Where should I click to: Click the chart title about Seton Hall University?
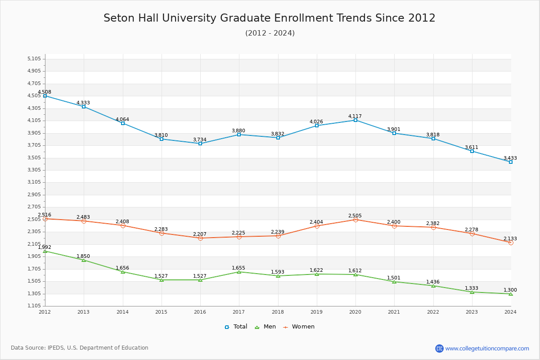point(270,18)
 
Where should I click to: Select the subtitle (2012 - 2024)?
point(270,33)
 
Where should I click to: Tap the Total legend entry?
point(236,327)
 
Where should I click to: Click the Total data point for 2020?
point(355,120)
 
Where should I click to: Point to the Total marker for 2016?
point(200,144)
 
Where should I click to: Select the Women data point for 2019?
point(317,226)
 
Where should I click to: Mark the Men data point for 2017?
point(239,272)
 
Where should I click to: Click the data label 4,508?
point(45,92)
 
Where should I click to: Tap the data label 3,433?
point(510,158)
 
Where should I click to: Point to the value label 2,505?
point(355,216)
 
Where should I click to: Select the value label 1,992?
point(45,247)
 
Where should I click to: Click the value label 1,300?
point(510,290)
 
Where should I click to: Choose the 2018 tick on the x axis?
point(278,311)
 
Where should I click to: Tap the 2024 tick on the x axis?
point(510,311)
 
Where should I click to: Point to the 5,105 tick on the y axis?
point(34,59)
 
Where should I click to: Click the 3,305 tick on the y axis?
point(34,170)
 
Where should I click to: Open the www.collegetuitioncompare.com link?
point(487,348)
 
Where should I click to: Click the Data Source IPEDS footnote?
point(80,348)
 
